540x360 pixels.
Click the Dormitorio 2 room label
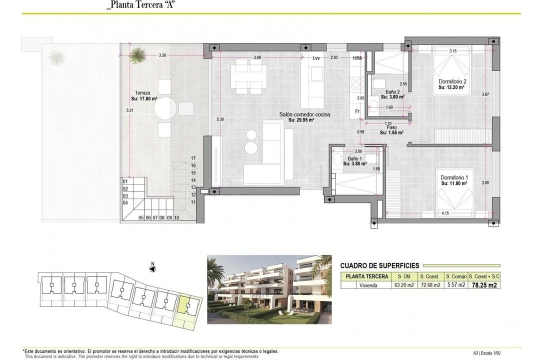point(452,81)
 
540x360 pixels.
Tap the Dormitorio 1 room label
point(454,177)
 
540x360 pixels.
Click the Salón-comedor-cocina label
point(304,114)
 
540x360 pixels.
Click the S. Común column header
point(455,276)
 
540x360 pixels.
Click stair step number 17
point(192,158)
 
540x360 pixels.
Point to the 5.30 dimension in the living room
point(220,119)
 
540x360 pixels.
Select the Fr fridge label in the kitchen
point(357,111)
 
